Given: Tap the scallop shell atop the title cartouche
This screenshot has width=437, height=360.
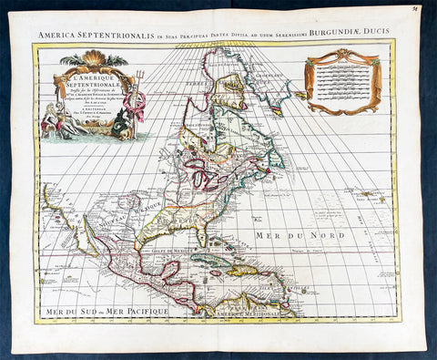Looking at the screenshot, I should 95,58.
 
